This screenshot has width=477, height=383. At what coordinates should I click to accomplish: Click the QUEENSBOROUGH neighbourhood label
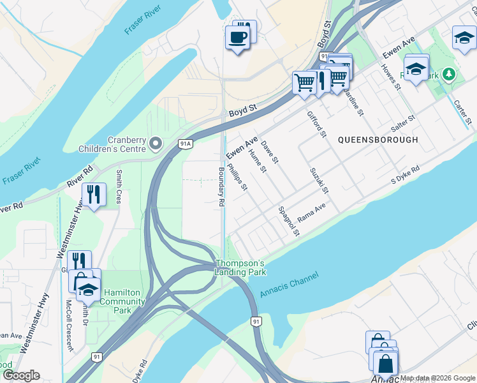click(378, 139)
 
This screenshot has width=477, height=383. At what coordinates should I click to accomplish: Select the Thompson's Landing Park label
click(240, 267)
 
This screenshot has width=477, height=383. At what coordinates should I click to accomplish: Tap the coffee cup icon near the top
click(237, 37)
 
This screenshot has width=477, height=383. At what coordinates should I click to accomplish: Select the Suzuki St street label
click(319, 181)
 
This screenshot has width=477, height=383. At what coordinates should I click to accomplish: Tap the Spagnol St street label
click(288, 221)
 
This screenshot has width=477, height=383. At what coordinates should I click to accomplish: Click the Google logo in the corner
click(21, 375)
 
